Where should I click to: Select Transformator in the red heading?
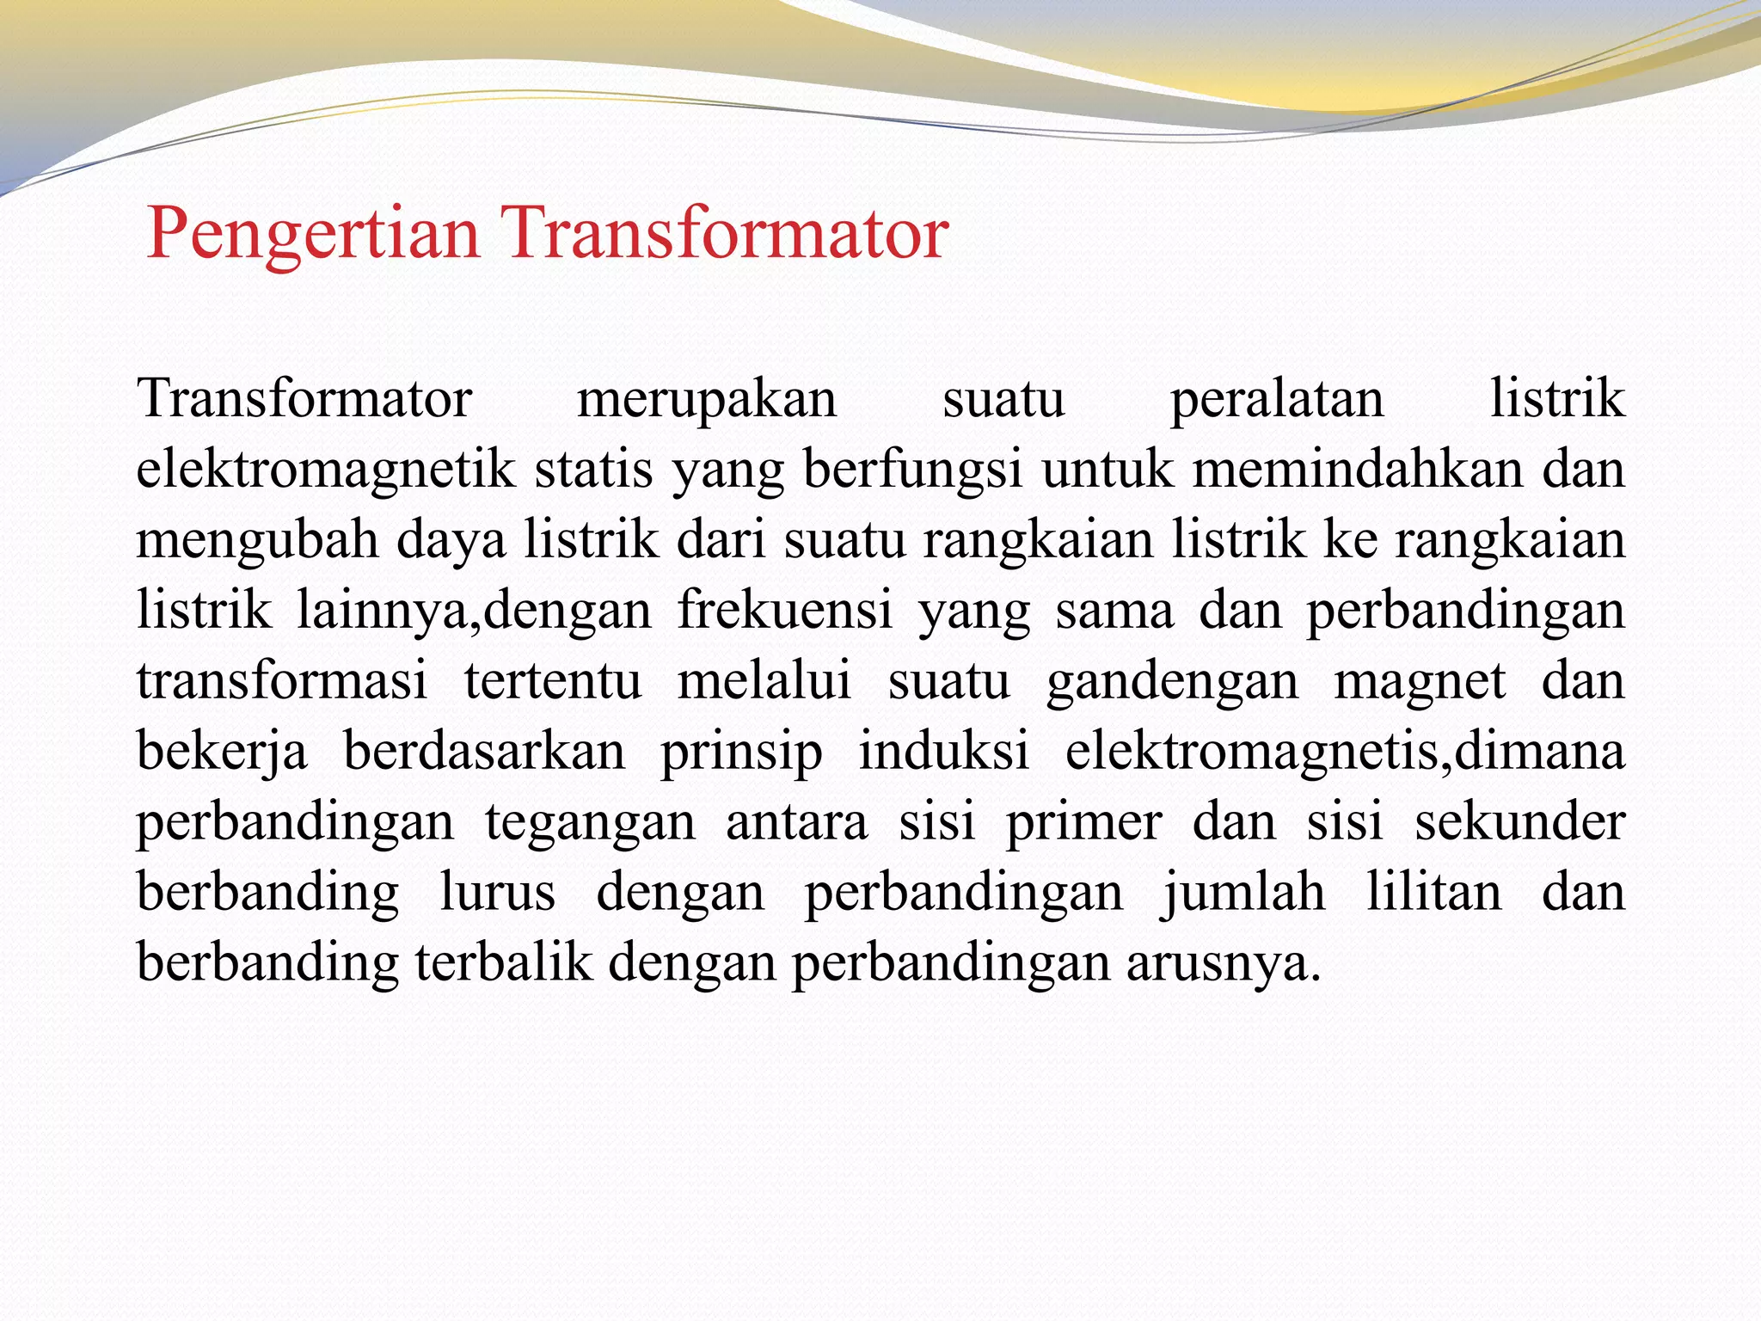coord(727,233)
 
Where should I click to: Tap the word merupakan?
coord(707,400)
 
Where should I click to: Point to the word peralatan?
coord(1277,400)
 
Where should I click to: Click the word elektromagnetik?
coord(325,470)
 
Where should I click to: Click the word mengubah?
coord(257,542)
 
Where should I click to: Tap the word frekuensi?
coord(784,611)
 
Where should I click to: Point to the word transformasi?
coord(282,681)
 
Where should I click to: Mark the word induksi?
coord(943,751)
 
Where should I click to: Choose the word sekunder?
coord(1519,822)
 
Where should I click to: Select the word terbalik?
coord(503,962)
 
